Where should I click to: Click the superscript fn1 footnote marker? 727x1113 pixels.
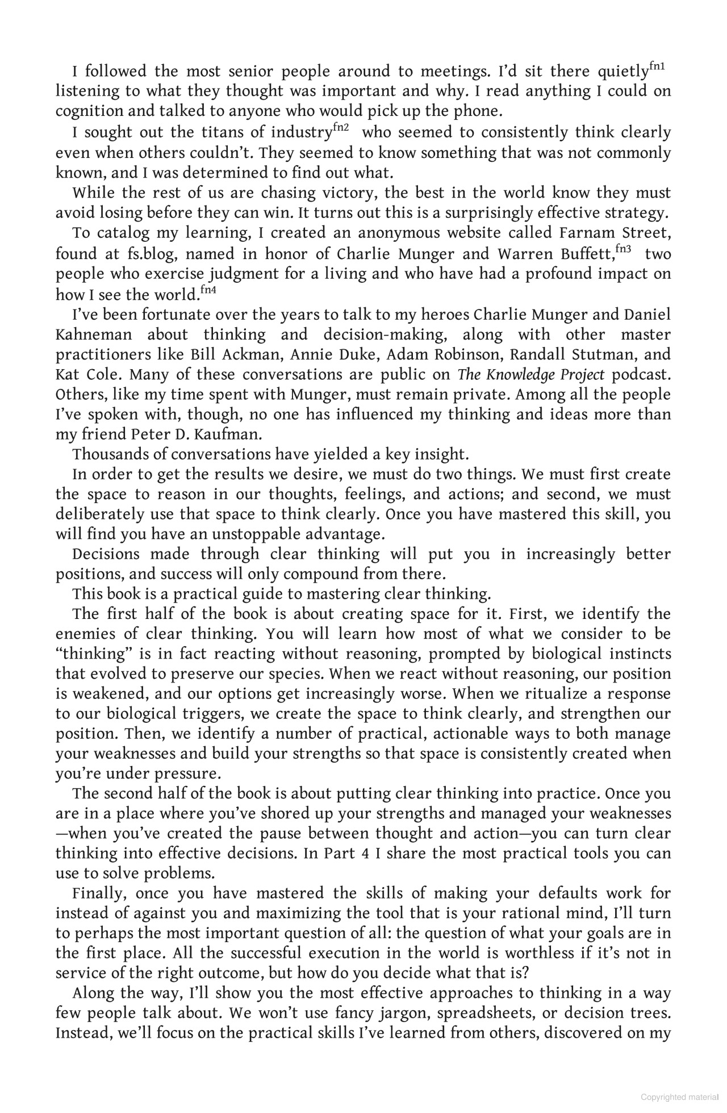[657, 67]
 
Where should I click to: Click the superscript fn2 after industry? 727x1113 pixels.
[341, 128]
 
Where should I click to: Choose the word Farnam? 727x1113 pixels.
[587, 233]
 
